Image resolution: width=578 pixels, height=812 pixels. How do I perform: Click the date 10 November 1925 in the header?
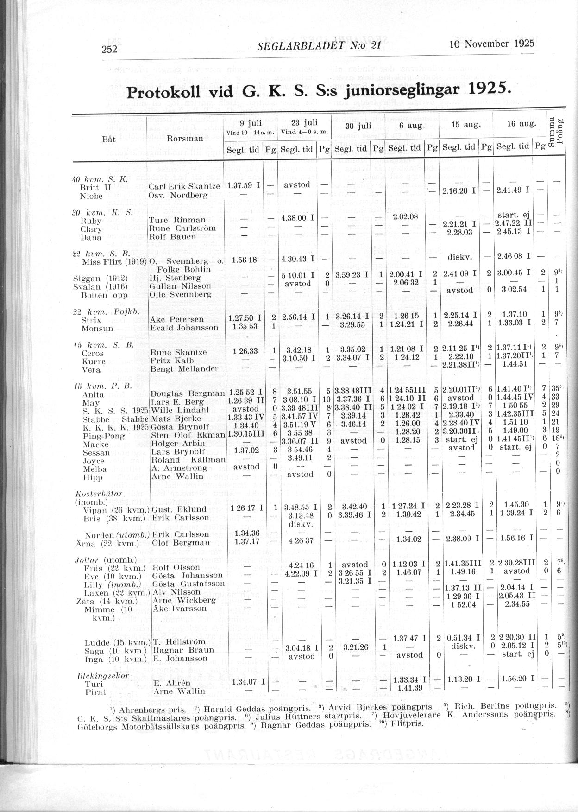point(492,44)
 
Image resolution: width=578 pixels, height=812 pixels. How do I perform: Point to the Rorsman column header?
point(185,138)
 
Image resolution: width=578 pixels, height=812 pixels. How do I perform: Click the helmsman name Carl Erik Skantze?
point(184,186)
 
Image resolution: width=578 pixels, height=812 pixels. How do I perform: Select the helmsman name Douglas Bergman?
point(188,393)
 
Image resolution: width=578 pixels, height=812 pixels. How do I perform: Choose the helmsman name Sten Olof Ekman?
point(188,435)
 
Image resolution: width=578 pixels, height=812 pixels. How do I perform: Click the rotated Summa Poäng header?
point(556,131)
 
